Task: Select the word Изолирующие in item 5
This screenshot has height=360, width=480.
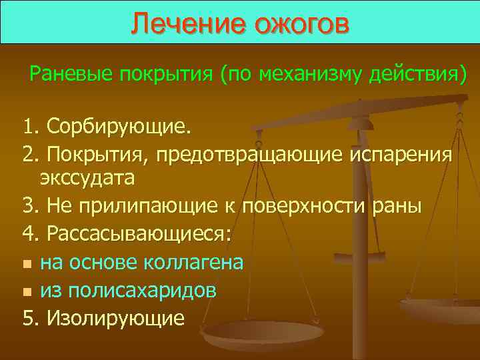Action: click(x=113, y=318)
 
